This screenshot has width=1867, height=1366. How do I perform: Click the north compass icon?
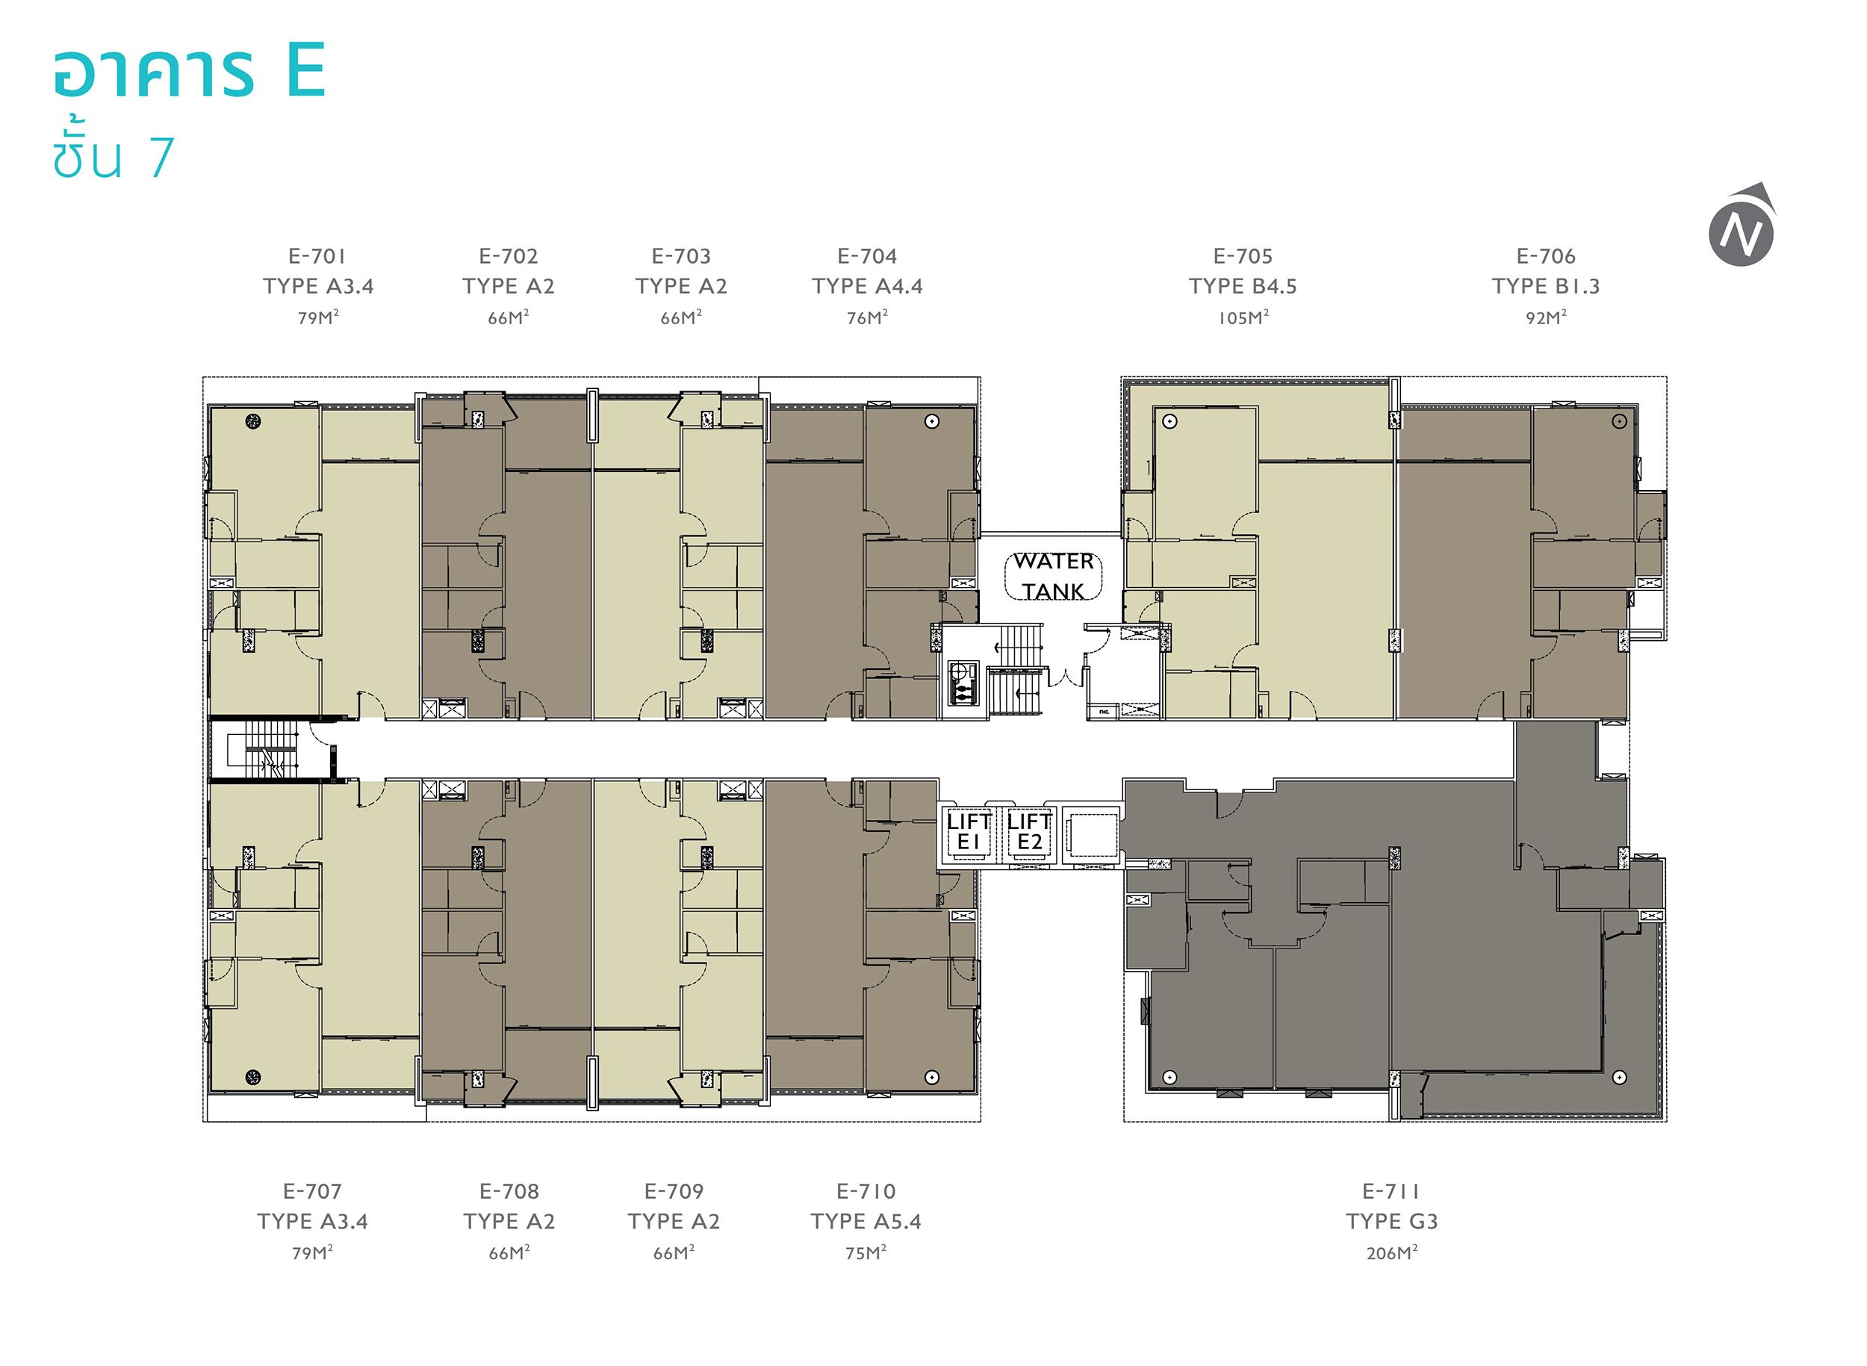coord(1742,226)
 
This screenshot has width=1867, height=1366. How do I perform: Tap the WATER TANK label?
coord(1054,577)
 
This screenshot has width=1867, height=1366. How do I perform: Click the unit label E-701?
coord(317,256)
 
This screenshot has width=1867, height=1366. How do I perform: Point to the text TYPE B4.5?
coord(1243,286)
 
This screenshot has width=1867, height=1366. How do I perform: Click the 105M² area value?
coord(1243,317)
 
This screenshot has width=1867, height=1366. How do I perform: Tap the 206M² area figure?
coord(1391,1252)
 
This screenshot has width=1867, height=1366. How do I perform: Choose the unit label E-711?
coord(1391,1191)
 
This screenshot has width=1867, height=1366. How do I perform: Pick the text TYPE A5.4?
coord(866,1221)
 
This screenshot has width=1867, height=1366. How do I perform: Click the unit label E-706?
coord(1545,256)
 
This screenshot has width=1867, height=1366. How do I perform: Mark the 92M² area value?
coord(1546,317)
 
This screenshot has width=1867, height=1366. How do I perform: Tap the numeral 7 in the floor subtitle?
coord(161,157)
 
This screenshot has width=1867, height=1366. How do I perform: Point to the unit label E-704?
coord(866,256)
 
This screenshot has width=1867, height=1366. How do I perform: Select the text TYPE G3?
coord(1391,1221)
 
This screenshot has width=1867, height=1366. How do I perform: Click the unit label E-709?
coord(674,1191)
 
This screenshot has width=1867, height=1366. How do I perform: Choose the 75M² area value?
coord(866,1252)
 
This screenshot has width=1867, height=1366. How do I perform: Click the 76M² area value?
coord(866,317)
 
